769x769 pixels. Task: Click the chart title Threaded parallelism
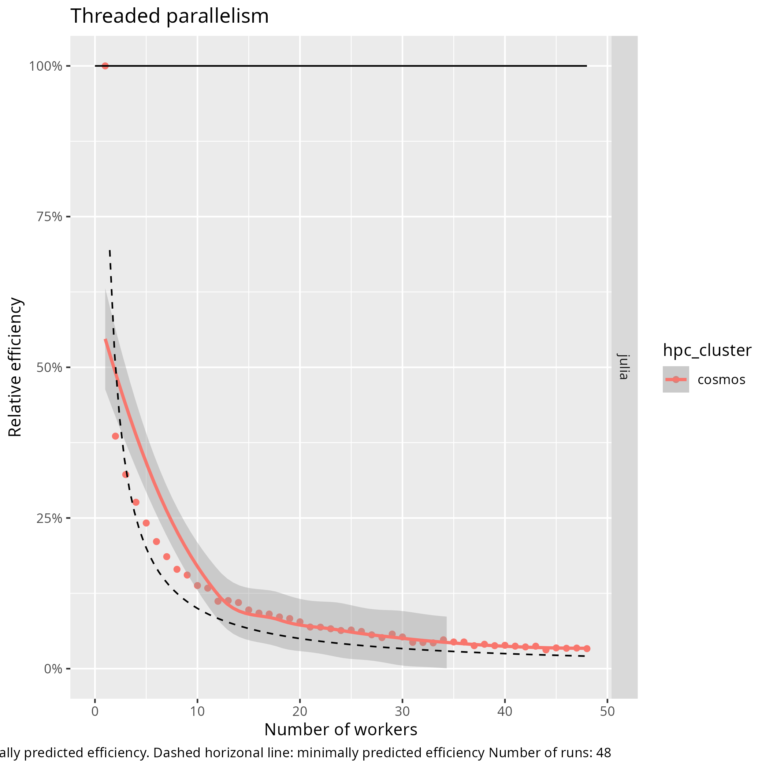point(170,16)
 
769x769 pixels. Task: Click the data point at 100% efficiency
point(105,66)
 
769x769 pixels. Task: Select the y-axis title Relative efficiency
point(15,367)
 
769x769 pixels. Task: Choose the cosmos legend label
point(721,380)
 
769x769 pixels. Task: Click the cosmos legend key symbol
point(676,380)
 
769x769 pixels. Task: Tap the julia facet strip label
point(624,367)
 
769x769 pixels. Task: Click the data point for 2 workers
point(115,436)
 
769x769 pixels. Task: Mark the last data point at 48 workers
point(587,649)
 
